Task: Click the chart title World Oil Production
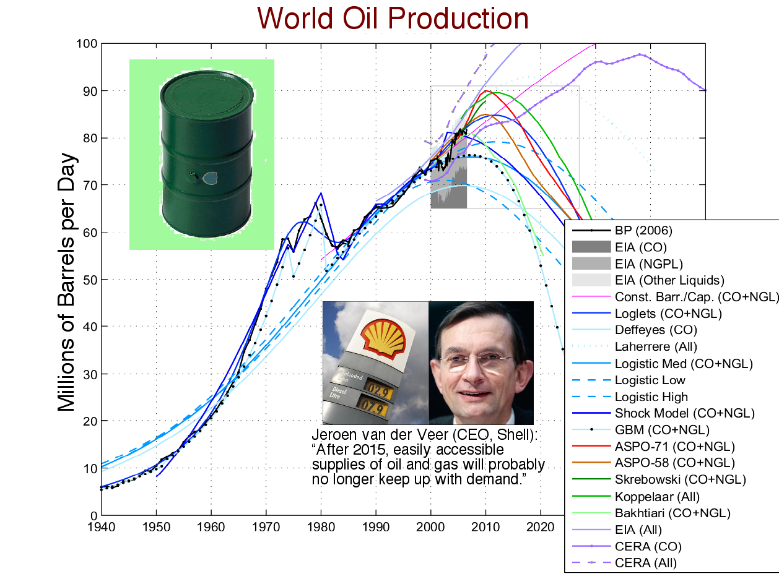pyautogui.click(x=393, y=18)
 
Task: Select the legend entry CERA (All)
pyautogui.click(x=645, y=563)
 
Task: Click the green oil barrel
pyautogui.click(x=206, y=155)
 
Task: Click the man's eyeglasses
pyautogui.click(x=479, y=362)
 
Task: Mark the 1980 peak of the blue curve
pyautogui.click(x=321, y=194)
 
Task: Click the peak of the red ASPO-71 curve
pyautogui.click(x=485, y=91)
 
